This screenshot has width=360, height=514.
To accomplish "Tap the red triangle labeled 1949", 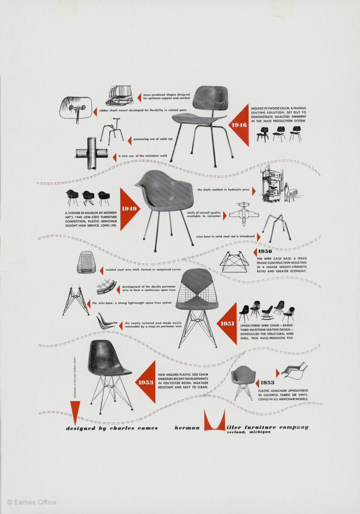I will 128,209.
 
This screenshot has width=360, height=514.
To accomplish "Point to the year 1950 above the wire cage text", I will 265,251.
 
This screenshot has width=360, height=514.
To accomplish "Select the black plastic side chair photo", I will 107,375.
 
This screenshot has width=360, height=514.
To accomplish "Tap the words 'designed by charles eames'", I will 112,428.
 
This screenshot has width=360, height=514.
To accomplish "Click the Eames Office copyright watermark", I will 31,502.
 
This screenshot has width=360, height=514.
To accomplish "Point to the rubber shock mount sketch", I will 75,109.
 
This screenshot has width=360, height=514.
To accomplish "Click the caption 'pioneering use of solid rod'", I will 154,139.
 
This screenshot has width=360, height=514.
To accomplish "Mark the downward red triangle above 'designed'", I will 75,411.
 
